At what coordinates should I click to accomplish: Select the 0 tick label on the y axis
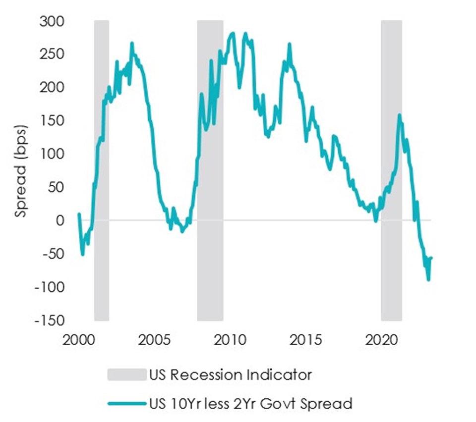click(60, 220)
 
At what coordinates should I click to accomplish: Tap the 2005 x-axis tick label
click(154, 341)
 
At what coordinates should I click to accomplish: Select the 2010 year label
click(230, 341)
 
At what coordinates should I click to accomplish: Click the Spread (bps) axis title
click(21, 171)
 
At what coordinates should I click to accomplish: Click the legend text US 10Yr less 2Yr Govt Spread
click(250, 404)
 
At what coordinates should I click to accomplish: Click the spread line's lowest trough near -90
click(428, 280)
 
